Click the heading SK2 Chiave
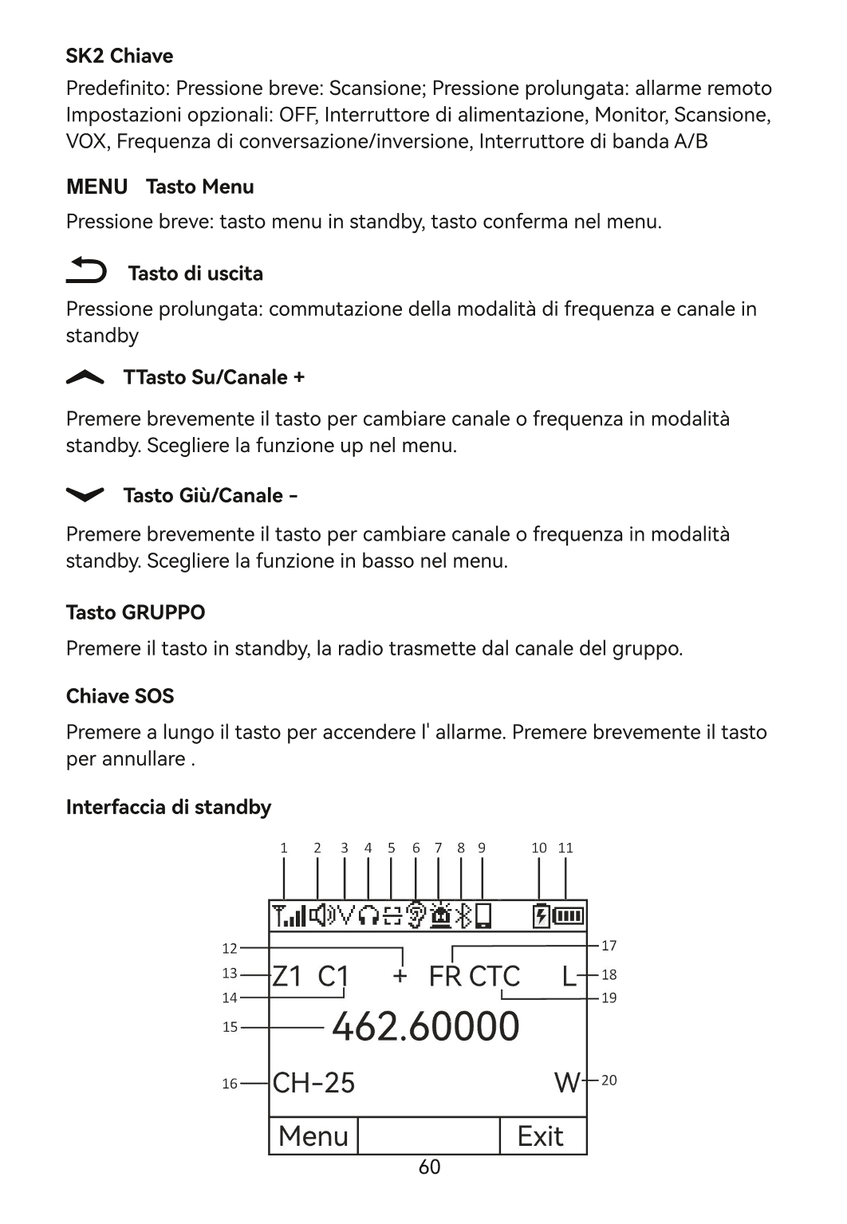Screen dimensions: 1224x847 point(119,56)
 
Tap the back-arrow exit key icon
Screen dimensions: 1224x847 point(85,271)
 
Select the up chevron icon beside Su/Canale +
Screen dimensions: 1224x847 point(85,379)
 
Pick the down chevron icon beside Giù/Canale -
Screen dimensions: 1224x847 point(85,495)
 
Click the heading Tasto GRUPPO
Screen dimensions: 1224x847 point(135,612)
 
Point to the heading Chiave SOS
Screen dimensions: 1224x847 point(120,696)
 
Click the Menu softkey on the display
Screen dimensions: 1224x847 point(313,1136)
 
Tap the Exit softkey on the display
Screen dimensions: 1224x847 point(541,1136)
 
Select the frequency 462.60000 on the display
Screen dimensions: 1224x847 point(425,1026)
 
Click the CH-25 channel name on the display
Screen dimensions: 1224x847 point(313,1083)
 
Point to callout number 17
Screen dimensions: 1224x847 point(609,946)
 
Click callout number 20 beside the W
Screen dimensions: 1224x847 point(609,1080)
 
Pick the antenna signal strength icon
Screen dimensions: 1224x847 point(289,916)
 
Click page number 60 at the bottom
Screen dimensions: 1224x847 point(429,1167)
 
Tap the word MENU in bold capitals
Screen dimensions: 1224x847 point(97,187)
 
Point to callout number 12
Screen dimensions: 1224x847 point(230,948)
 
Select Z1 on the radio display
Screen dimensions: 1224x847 point(287,976)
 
